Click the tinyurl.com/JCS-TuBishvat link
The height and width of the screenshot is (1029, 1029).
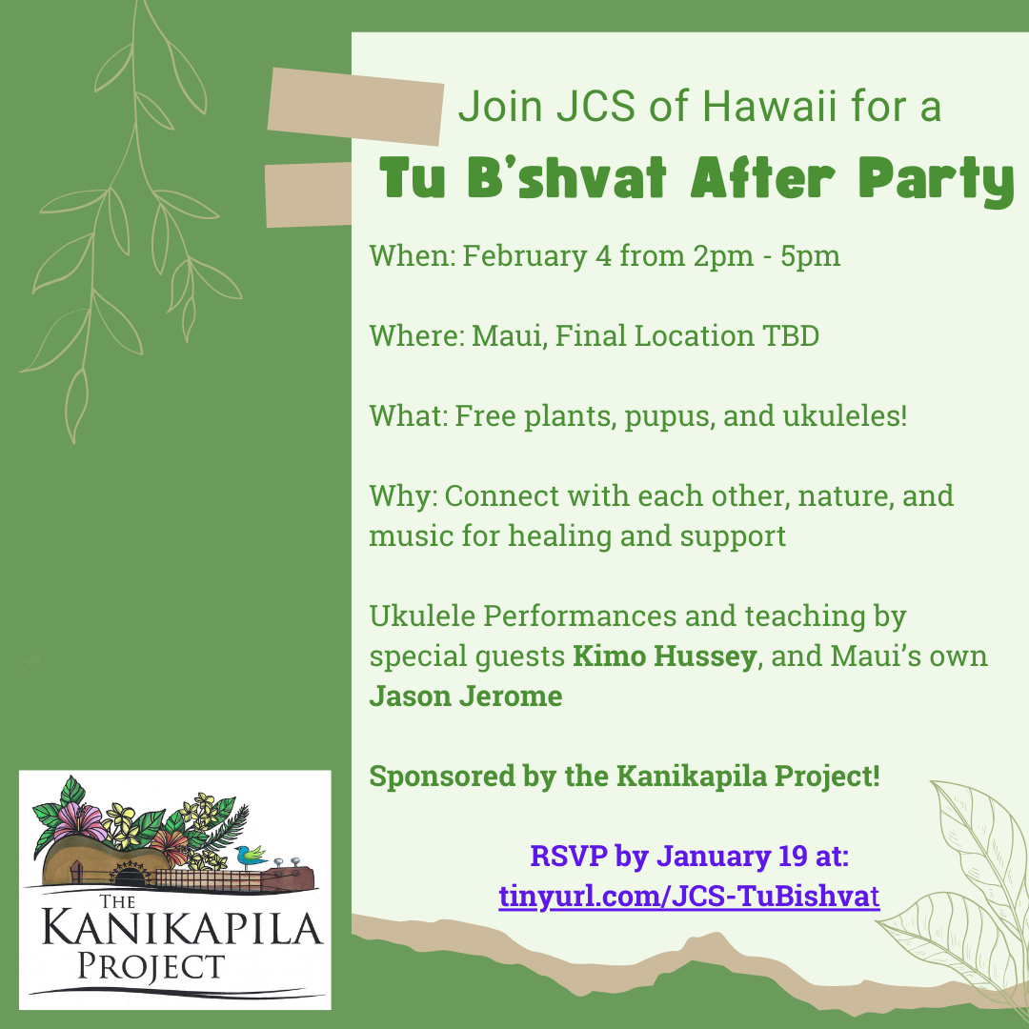689,897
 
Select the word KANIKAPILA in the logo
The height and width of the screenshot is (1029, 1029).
183,929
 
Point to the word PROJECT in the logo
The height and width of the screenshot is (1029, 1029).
151,967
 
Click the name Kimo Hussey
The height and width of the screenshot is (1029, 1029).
665,656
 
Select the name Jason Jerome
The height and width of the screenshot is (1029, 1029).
466,696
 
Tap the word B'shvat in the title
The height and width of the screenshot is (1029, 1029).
567,178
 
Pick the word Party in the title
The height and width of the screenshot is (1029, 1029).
937,181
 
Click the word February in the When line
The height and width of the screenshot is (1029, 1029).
524,256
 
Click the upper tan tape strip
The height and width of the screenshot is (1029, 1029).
355,107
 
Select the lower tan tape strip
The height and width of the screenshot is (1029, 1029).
309,195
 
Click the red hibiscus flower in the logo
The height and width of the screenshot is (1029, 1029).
170,847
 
